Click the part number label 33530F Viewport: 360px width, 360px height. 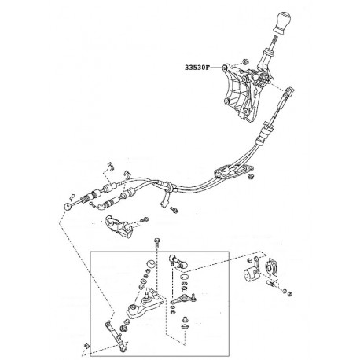(197, 68)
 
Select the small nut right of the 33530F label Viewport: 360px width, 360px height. (245, 62)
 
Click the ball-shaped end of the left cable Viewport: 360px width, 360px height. (68, 206)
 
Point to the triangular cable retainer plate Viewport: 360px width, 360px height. (233, 171)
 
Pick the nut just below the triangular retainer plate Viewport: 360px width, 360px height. (250, 176)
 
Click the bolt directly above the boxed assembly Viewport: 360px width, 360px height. (157, 242)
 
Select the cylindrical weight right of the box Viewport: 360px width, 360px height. (251, 274)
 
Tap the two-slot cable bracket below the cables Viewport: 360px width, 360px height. (119, 226)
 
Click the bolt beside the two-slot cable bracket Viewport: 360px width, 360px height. (145, 219)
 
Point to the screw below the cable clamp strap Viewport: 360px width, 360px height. (174, 210)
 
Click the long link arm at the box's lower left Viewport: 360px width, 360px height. (116, 336)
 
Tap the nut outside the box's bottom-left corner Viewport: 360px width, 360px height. (86, 346)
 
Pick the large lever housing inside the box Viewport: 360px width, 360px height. (145, 304)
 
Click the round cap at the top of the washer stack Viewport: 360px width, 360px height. (150, 263)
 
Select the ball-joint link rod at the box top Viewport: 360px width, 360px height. (178, 261)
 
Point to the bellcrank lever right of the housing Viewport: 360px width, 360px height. (184, 298)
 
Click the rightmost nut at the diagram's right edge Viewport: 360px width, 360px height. (289, 293)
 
